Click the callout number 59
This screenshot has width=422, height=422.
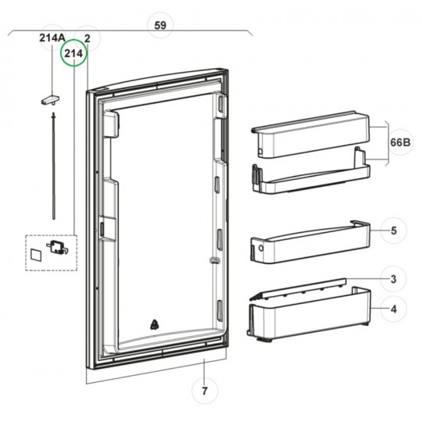[160, 26]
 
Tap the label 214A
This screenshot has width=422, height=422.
[52, 38]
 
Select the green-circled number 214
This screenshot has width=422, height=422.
[73, 54]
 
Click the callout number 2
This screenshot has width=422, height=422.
[87, 38]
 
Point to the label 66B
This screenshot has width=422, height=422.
[400, 141]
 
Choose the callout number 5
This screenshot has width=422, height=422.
[394, 231]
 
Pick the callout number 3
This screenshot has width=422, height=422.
[393, 279]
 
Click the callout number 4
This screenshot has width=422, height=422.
[393, 309]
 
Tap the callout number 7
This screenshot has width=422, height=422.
[205, 391]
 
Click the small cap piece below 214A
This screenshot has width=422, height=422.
[50, 100]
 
